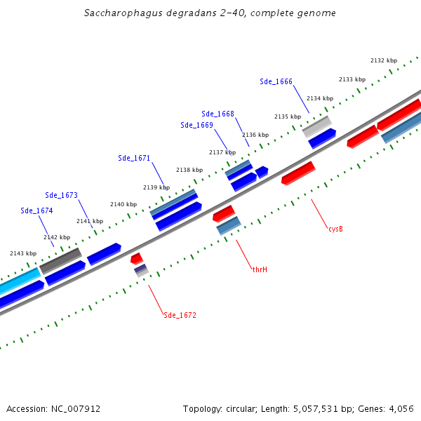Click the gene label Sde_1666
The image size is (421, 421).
(276, 81)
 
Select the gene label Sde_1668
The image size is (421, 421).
(218, 114)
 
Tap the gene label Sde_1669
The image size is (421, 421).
(196, 125)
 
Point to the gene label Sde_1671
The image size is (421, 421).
(134, 158)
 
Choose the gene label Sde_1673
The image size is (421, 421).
(61, 195)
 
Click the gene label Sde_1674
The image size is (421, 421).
(36, 210)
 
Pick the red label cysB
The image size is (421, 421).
(335, 229)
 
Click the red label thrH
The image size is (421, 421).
(260, 269)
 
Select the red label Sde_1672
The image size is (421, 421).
(180, 315)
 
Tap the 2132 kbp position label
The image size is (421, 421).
(384, 61)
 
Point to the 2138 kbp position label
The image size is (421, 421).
(189, 170)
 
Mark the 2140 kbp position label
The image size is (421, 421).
(123, 204)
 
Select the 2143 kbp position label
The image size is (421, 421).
(23, 253)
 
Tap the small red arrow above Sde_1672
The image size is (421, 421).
(137, 258)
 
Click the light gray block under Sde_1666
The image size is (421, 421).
(316, 126)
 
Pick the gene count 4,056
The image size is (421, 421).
(401, 408)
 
